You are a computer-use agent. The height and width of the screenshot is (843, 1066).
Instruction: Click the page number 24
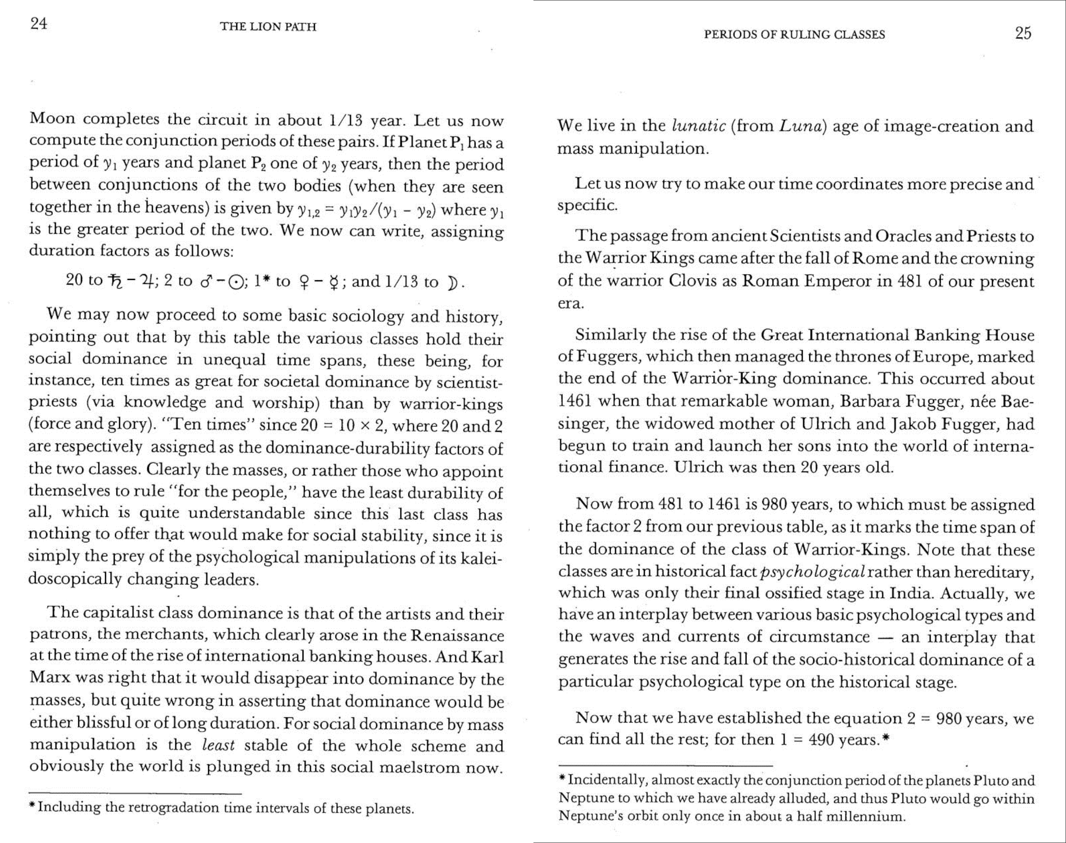click(x=39, y=24)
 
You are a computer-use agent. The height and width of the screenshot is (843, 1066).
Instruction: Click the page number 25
click(x=1023, y=33)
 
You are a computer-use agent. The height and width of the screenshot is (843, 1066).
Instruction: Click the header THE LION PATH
click(x=268, y=27)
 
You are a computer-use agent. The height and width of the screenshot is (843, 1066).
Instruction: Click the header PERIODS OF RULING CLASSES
click(x=794, y=35)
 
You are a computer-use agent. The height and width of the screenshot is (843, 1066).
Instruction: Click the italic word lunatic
click(x=699, y=126)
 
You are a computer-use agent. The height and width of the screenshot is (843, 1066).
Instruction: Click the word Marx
click(x=49, y=678)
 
